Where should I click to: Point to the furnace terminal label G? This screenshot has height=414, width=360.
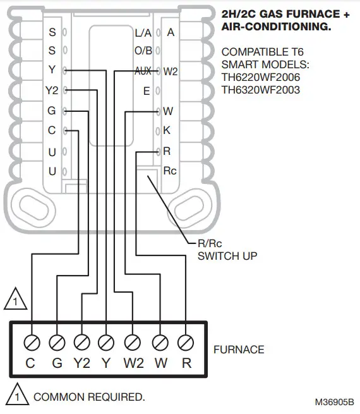pyautogui.click(x=56, y=363)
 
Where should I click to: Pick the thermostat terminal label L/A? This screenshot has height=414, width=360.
pyautogui.click(x=143, y=32)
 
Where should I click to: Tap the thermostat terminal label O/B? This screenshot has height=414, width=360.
pyautogui.click(x=143, y=50)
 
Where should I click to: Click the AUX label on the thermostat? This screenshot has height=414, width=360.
pyautogui.click(x=143, y=71)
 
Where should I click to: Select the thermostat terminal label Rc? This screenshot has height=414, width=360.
pyautogui.click(x=170, y=171)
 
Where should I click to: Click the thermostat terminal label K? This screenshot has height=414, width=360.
pyautogui.click(x=167, y=131)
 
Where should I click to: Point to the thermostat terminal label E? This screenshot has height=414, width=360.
pyautogui.click(x=147, y=92)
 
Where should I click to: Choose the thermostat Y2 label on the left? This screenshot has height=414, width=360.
pyautogui.click(x=52, y=90)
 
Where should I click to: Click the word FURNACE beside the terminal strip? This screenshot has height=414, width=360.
pyautogui.click(x=239, y=349)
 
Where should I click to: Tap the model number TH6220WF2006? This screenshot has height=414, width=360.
pyautogui.click(x=261, y=77)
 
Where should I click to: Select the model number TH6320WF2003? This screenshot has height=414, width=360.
pyautogui.click(x=261, y=90)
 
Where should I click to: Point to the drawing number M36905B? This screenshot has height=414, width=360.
pyautogui.click(x=335, y=401)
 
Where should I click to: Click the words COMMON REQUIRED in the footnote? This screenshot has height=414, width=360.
pyautogui.click(x=89, y=397)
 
